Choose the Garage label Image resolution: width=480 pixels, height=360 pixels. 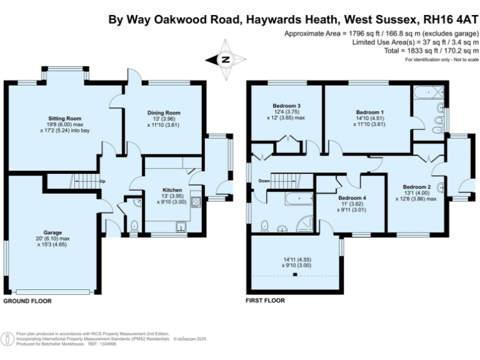point(52,232)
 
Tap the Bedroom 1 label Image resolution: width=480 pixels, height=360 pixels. point(369,112)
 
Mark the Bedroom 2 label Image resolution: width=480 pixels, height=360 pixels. point(416,187)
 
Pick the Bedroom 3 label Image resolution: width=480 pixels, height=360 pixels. point(286,106)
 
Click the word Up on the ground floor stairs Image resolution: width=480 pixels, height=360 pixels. point(102,182)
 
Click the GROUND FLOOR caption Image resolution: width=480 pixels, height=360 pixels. point(27,301)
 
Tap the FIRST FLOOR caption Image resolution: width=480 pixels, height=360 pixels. point(266,301)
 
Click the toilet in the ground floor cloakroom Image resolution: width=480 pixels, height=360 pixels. point(134,225)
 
